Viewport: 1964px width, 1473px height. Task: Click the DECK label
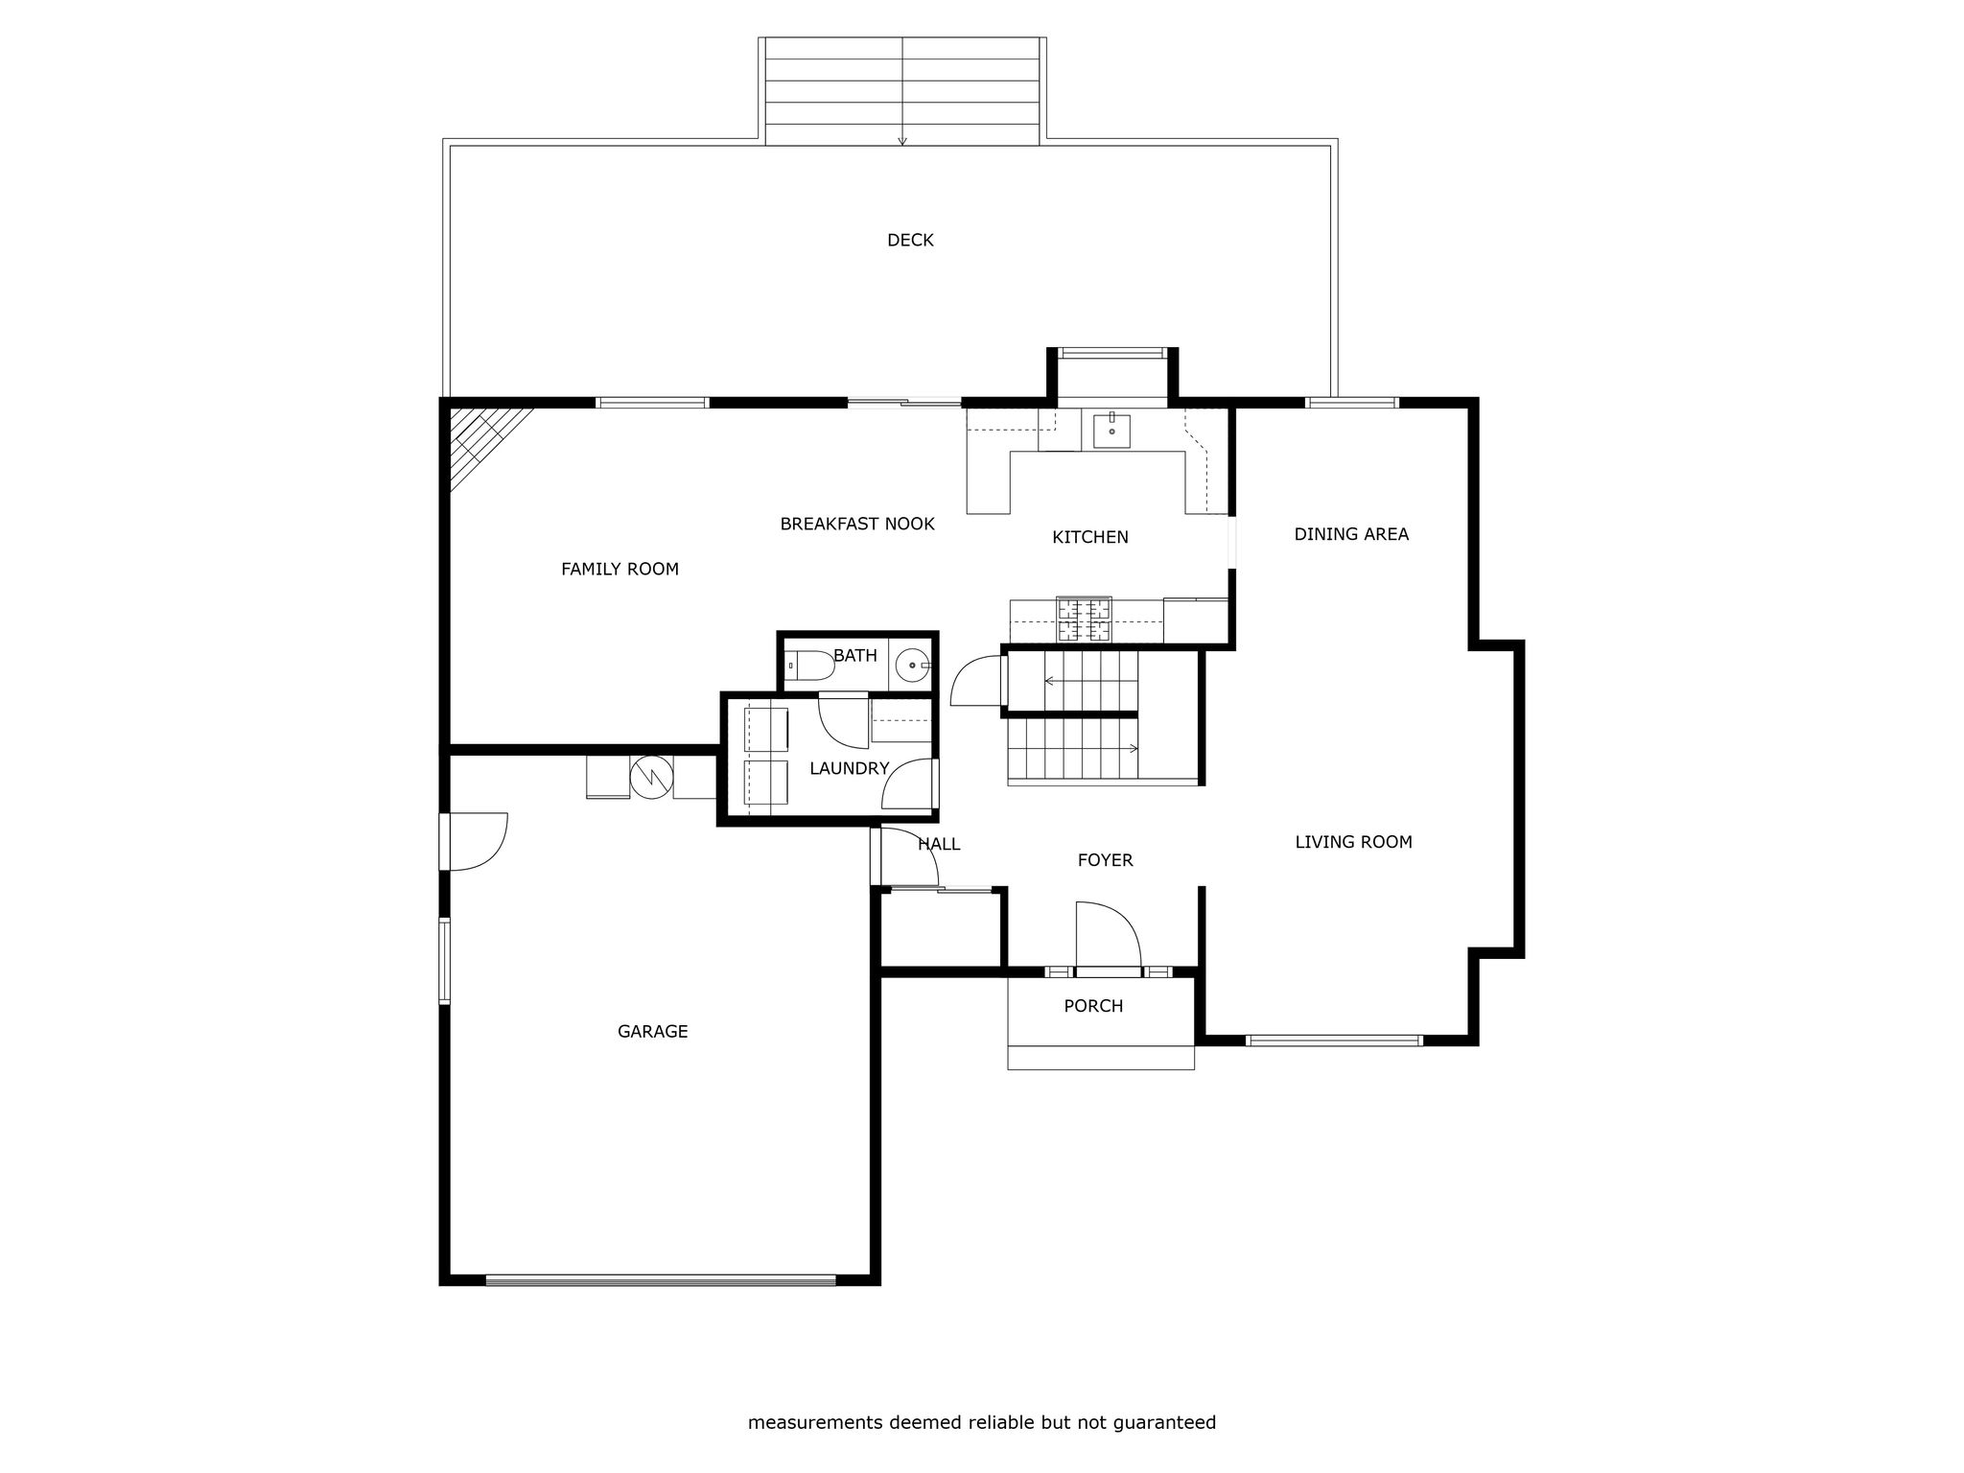(x=910, y=240)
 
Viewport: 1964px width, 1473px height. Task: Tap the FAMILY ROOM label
(x=620, y=569)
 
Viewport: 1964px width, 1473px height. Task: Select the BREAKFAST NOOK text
(x=857, y=524)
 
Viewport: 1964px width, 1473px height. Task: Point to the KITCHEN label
(x=1090, y=537)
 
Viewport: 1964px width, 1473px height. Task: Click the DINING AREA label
(x=1351, y=534)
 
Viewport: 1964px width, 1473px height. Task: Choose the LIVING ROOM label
(x=1353, y=842)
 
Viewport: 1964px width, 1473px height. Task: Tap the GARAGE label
(x=652, y=1032)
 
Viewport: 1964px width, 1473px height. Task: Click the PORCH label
(x=1093, y=1006)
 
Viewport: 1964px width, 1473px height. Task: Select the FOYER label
(x=1105, y=860)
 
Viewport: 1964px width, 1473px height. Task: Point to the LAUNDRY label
(x=849, y=768)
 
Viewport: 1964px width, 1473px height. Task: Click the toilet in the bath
(x=809, y=665)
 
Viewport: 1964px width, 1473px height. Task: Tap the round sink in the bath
(x=912, y=664)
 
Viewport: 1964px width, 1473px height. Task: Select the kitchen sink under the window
(x=1111, y=432)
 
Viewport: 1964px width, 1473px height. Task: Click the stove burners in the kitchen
(x=1084, y=620)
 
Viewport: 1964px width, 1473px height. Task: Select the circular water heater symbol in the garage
(x=652, y=777)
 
